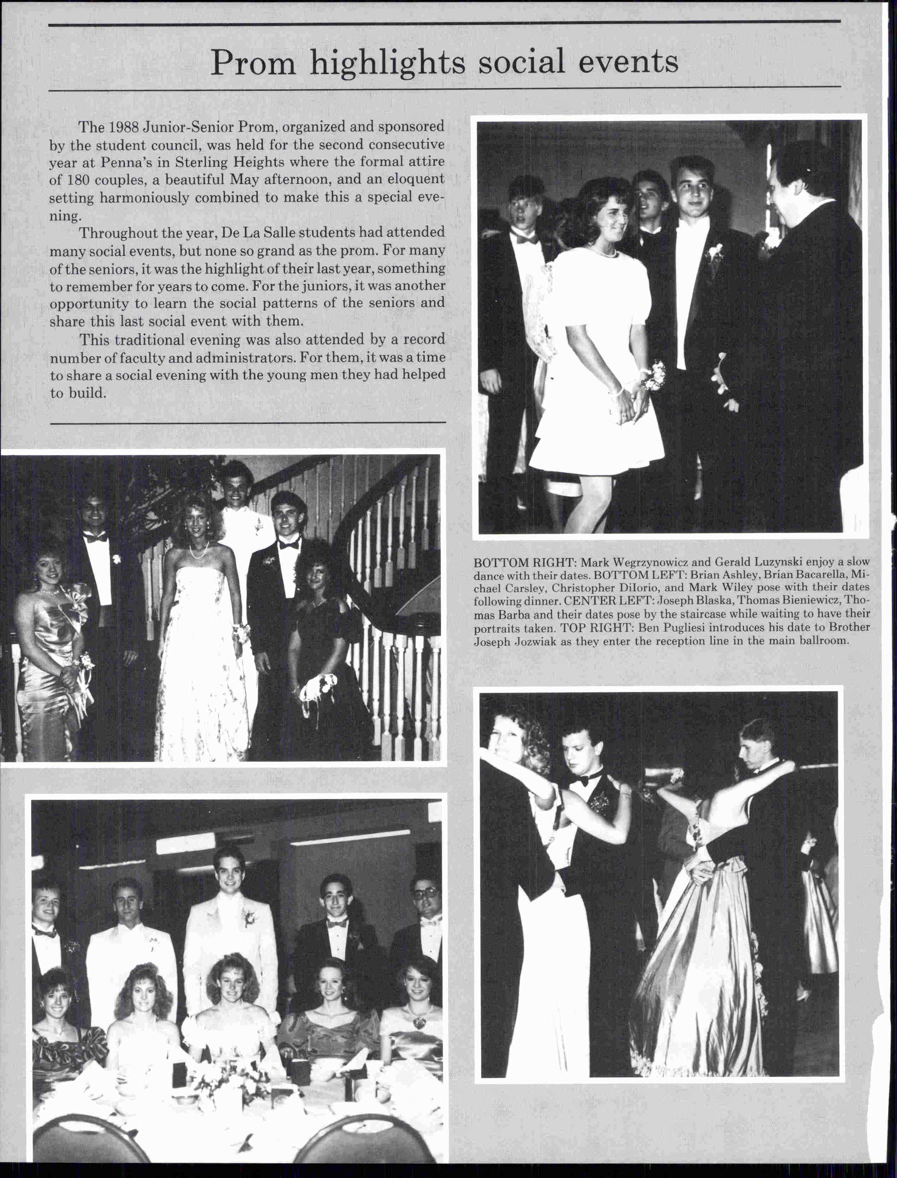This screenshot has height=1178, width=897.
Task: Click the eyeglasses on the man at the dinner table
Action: pos(427,893)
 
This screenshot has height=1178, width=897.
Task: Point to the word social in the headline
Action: pos(521,64)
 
